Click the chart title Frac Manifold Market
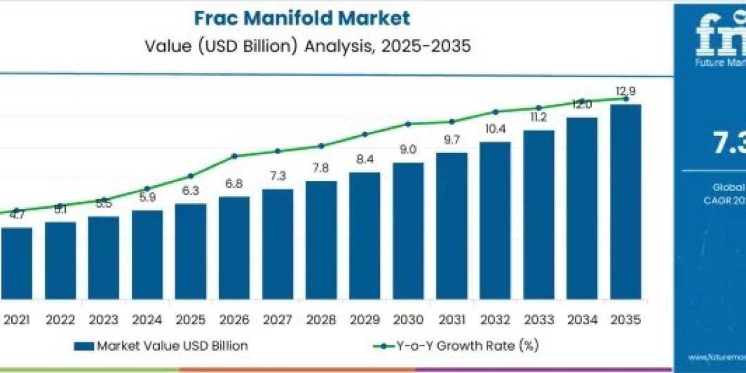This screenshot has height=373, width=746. (302, 18)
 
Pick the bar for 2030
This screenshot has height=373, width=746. (408, 229)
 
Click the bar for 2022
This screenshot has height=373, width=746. (60, 259)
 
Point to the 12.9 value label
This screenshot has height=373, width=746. (625, 92)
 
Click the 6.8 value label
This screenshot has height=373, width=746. (234, 184)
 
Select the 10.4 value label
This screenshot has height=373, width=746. (495, 129)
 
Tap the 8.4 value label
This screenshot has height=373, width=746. (364, 160)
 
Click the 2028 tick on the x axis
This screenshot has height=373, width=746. (321, 319)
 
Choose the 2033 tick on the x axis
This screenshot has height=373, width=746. (538, 319)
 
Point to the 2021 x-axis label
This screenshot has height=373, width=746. (17, 319)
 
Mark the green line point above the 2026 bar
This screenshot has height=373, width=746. (234, 156)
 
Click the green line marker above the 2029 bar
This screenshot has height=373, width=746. (365, 134)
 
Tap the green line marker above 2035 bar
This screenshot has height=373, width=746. (626, 99)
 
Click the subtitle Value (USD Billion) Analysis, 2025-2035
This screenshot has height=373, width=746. (302, 47)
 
